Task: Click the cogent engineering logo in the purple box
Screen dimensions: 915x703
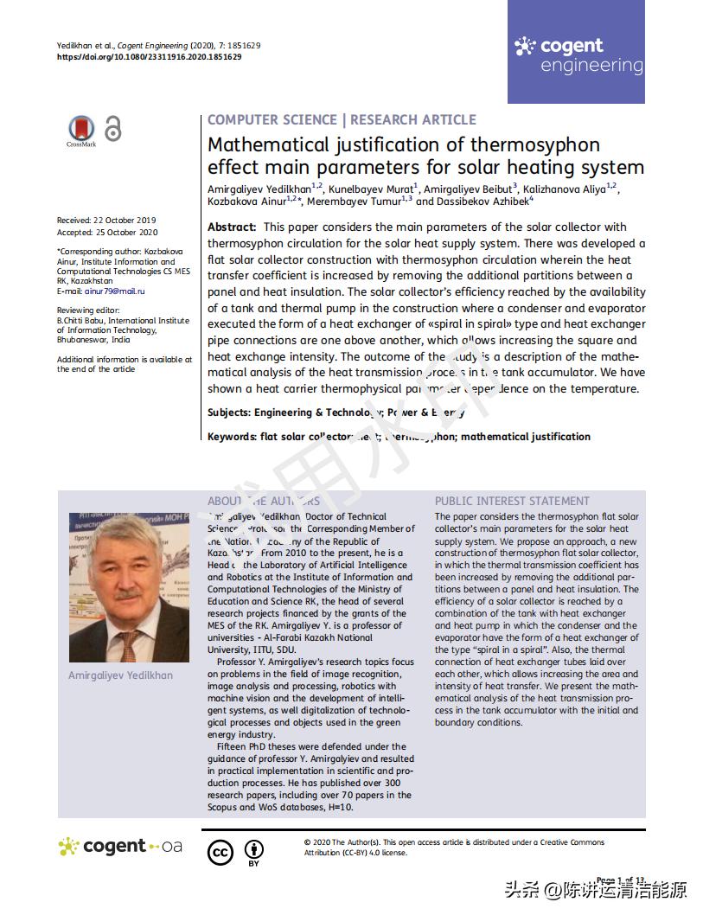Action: [578, 54]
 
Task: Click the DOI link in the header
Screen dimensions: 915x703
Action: [149, 57]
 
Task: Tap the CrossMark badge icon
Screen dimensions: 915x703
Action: [81, 130]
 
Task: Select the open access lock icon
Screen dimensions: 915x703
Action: [112, 128]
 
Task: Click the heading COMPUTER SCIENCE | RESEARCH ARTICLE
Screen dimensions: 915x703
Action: [342, 120]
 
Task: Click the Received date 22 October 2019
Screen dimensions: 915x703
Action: [107, 221]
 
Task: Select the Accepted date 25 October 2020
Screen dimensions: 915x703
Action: [107, 232]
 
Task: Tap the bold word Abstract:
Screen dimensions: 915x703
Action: [232, 227]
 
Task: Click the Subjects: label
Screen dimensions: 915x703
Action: [228, 413]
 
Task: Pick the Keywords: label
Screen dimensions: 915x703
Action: [232, 437]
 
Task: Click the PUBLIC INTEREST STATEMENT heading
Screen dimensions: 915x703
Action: [512, 501]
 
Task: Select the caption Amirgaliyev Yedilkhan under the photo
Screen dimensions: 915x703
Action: [120, 675]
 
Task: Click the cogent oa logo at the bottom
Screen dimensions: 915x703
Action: [120, 847]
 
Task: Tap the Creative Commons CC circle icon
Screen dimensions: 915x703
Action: [220, 852]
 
